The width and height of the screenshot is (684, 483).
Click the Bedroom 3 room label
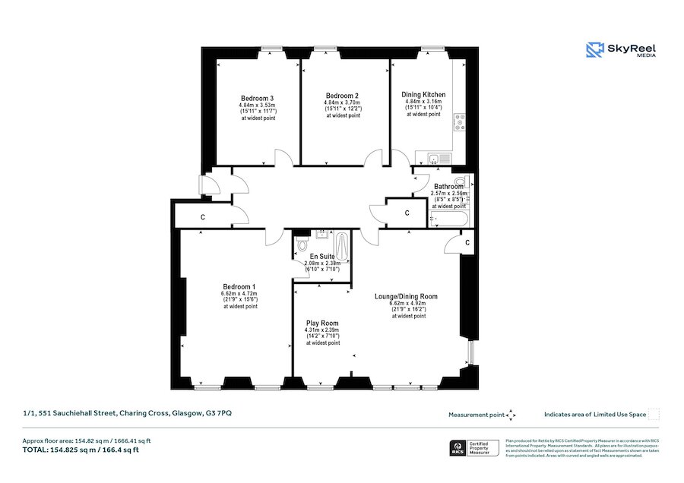coord(257,99)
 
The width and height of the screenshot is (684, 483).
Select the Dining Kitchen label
coord(423,95)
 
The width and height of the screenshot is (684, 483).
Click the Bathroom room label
coord(448,186)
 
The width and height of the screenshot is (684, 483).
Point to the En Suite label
coord(315,257)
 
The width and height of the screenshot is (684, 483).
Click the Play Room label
coord(321,324)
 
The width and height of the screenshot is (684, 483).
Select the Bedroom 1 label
coord(239,286)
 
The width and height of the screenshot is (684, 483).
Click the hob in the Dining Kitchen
coord(459,122)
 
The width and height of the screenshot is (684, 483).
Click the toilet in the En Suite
coord(302,245)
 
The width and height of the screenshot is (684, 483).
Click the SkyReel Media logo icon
coord(595,50)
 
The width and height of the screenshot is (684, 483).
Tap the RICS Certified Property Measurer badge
coord(477,448)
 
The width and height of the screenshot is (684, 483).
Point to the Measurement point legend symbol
coord(511,415)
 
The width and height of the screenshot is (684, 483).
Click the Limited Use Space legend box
coord(654,414)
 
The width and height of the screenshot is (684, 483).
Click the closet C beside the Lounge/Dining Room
coord(466,242)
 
